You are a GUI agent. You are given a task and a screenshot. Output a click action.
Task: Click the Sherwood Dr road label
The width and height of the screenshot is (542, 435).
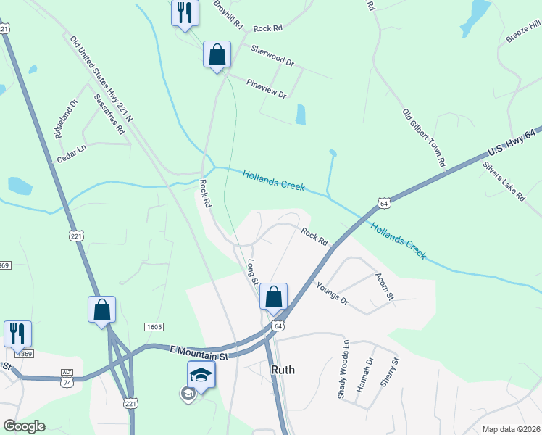pyautogui.click(x=272, y=56)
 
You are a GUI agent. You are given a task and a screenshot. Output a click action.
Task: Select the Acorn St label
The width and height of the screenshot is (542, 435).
pyautogui.click(x=384, y=286)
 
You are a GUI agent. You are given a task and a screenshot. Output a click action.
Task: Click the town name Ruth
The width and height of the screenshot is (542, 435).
pyautogui.click(x=283, y=369)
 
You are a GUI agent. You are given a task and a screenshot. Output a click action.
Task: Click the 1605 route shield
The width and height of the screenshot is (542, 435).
pyautogui.click(x=153, y=328)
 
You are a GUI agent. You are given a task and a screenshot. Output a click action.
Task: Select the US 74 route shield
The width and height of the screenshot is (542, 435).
pyautogui.click(x=66, y=381)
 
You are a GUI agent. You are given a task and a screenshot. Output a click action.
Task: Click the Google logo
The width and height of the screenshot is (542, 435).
pyautogui.click(x=24, y=426)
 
